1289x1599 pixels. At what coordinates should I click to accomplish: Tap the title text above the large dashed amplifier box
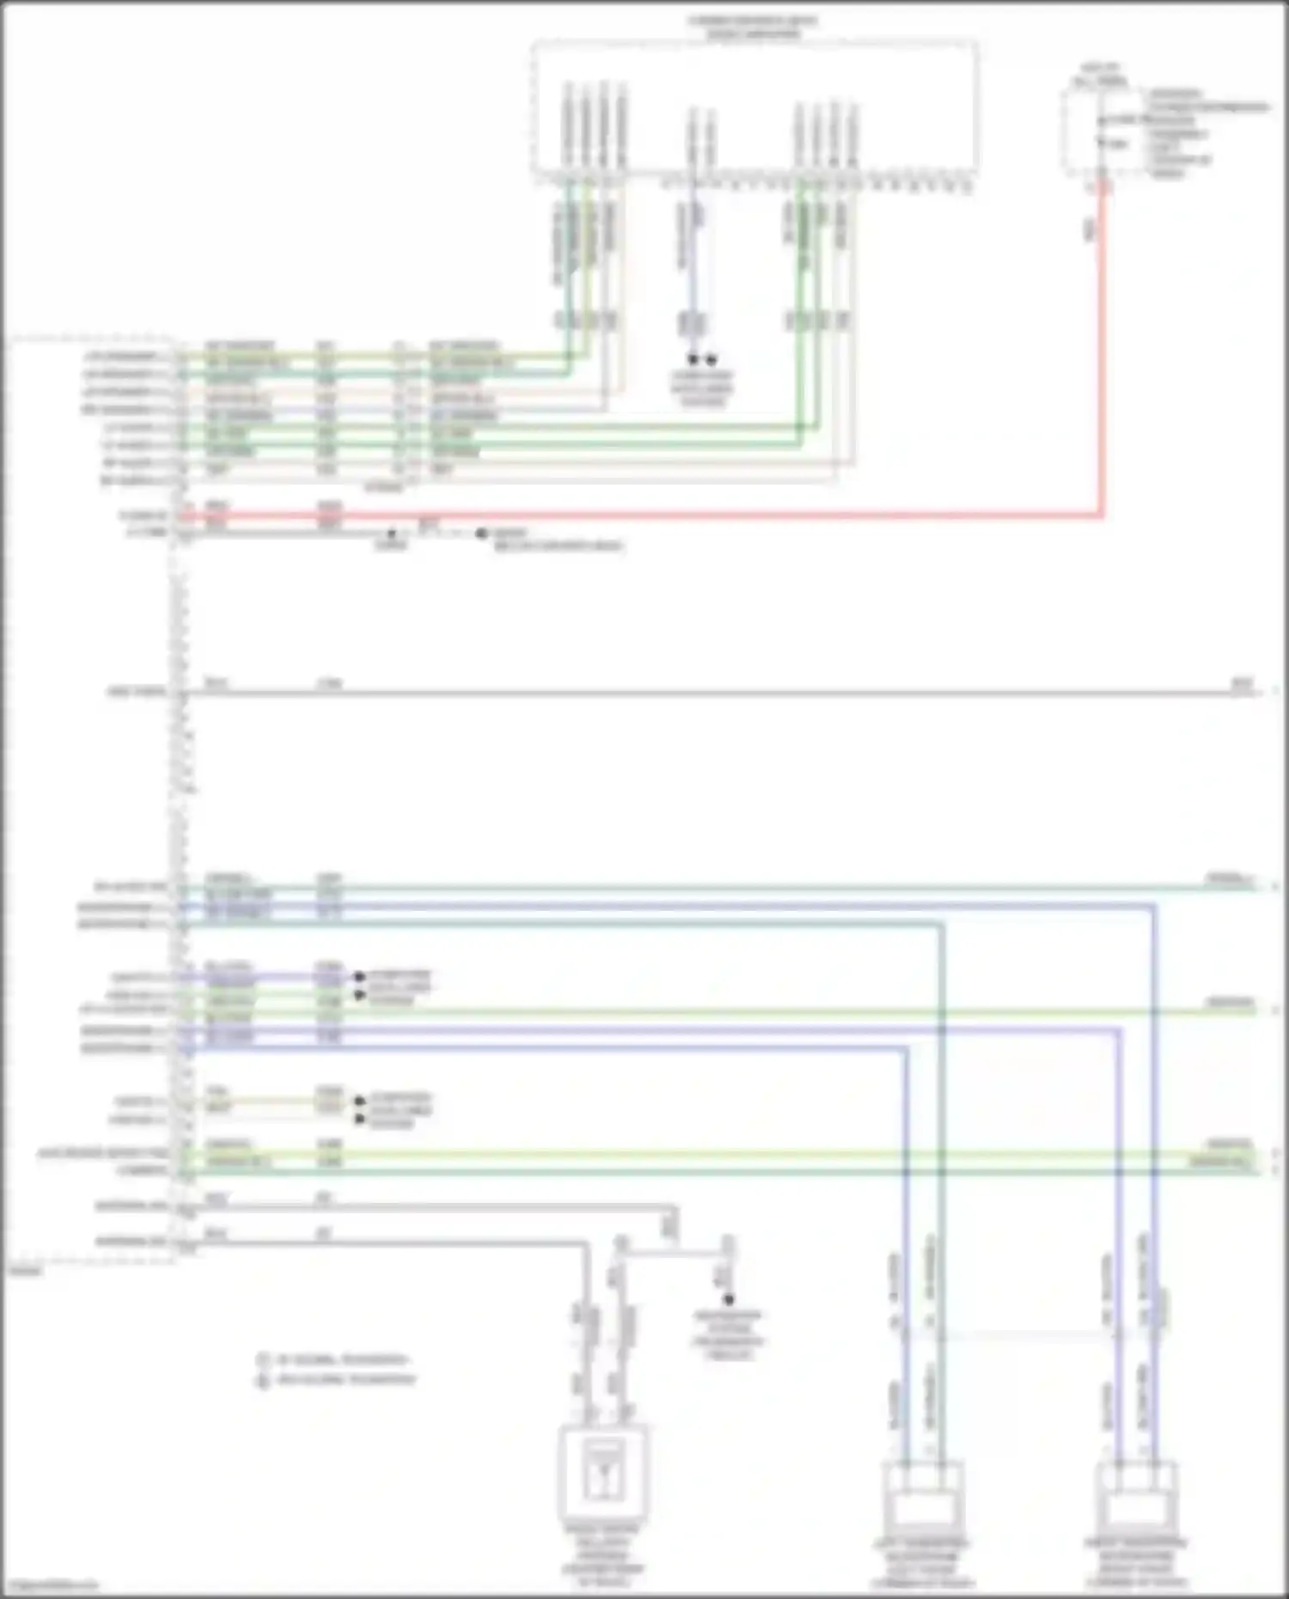[753, 27]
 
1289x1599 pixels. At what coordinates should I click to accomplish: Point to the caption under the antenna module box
[603, 1554]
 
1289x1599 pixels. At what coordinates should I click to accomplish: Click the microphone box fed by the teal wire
[924, 1496]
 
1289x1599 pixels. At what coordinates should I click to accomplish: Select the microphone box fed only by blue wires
[1136, 1496]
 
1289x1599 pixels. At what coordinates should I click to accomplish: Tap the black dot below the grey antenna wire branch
[729, 1299]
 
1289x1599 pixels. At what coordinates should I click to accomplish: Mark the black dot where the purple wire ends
[359, 977]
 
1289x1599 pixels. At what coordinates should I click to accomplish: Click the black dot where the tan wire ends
[359, 1101]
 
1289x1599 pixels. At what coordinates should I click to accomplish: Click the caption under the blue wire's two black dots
[701, 388]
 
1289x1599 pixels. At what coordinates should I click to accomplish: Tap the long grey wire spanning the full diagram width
[687, 693]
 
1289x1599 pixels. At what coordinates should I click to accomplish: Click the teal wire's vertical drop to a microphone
[942, 1203]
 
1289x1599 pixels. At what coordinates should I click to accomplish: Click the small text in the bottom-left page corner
[49, 1585]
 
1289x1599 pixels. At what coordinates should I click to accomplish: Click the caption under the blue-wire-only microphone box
[1136, 1562]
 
